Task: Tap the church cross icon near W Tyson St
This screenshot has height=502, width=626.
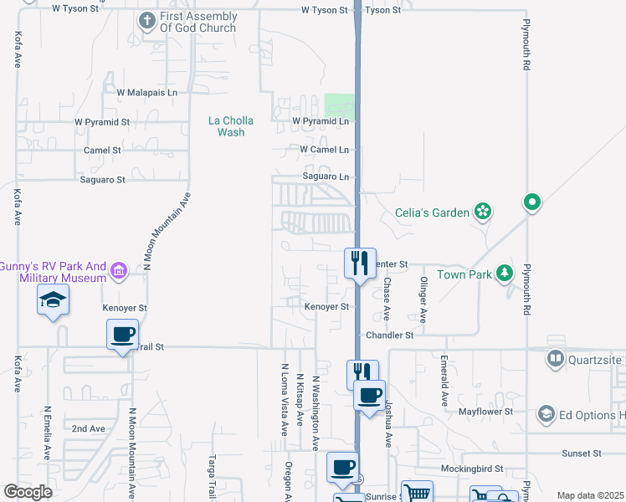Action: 147,20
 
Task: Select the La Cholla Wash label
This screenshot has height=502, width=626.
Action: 231,126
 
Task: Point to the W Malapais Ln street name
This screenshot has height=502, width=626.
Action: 147,93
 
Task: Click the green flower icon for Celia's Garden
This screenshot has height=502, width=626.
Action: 482,213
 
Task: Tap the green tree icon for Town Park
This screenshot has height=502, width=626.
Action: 504,274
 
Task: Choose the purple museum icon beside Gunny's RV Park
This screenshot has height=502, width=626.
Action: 119,271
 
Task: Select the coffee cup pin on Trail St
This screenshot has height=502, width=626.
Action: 122,335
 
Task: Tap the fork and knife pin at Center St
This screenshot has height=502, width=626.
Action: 360,263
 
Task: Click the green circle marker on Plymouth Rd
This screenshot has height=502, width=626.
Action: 531,202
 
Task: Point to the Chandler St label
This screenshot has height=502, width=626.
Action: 390,335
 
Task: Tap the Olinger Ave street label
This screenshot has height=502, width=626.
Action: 423,300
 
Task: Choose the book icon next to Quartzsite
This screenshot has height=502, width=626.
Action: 555,359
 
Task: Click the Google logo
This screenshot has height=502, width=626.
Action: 28,491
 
